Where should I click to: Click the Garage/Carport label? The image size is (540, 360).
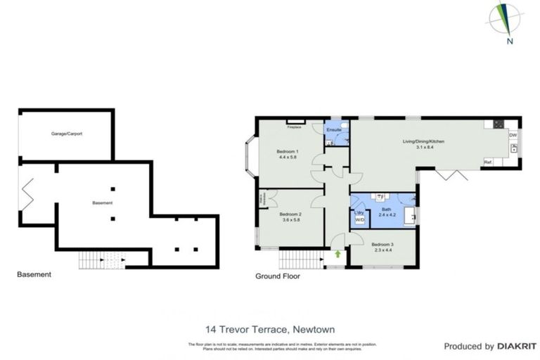(x=66, y=134)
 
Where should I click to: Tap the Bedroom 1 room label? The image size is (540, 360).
(x=288, y=152)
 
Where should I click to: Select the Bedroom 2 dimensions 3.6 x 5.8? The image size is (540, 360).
(x=290, y=220)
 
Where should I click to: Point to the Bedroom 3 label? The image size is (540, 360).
(x=382, y=244)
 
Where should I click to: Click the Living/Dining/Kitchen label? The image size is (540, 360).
(x=423, y=141)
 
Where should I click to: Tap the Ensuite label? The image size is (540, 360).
(x=335, y=130)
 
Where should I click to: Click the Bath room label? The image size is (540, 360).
(x=386, y=209)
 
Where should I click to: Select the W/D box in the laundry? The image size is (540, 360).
(x=359, y=220)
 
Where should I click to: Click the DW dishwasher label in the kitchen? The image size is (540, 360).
(x=513, y=135)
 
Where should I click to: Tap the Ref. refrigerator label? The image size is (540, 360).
(x=487, y=162)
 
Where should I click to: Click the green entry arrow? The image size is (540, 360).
(x=338, y=254)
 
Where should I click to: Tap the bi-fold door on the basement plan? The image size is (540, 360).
(x=27, y=194)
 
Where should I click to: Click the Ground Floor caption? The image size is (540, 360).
(x=277, y=276)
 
